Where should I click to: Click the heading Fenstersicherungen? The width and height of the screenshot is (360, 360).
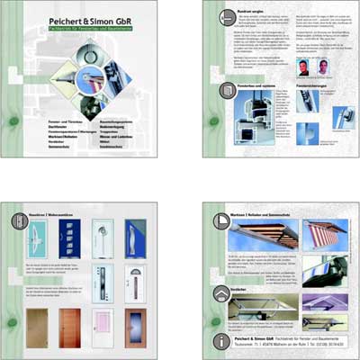tap(316, 84)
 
